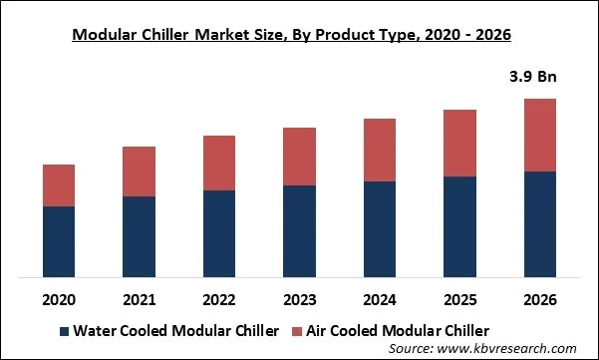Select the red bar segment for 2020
click(59, 185)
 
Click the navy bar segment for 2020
click(59, 241)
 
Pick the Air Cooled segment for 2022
click(219, 163)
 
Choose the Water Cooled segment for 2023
click(300, 230)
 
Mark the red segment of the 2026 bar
click(541, 135)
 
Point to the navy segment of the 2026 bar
click(541, 223)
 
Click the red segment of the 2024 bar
click(381, 150)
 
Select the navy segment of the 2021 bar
click(140, 236)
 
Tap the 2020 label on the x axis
click(59, 299)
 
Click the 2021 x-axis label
click(140, 299)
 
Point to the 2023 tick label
click(300, 299)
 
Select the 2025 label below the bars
click(460, 299)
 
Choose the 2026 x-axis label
click(541, 299)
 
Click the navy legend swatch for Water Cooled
click(65, 330)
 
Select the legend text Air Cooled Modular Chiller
click(401, 330)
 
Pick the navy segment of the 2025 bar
click(460, 226)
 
